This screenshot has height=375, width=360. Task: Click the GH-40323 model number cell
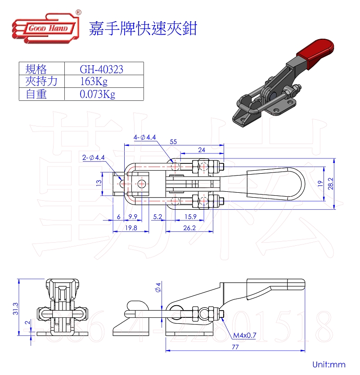[x=101, y=69]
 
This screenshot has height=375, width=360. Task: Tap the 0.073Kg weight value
[x=97, y=94]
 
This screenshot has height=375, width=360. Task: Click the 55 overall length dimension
[x=173, y=141]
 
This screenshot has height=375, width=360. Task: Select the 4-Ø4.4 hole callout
[x=144, y=137]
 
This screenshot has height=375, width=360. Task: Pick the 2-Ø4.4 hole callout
[x=94, y=158]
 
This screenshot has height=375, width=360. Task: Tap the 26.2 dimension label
[x=189, y=228]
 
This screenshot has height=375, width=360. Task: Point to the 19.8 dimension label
[x=131, y=228]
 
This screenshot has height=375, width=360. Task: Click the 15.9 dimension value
[x=189, y=217]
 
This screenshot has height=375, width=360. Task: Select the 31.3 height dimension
[x=15, y=308]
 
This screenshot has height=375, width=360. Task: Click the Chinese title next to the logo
[x=143, y=29]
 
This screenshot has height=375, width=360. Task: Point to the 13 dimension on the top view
[x=99, y=183]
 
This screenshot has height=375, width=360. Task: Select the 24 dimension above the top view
[x=202, y=150]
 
